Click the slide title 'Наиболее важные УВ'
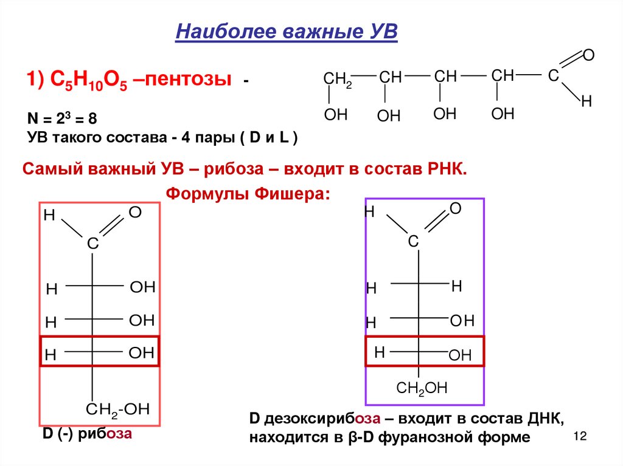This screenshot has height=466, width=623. click(286, 30)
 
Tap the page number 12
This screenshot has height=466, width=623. click(579, 437)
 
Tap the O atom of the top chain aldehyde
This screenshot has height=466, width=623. click(588, 55)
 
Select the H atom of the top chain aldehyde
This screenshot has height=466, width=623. click(586, 101)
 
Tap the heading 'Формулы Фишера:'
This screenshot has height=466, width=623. click(248, 194)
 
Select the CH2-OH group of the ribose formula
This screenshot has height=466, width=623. click(117, 409)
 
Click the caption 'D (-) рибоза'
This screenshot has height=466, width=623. click(86, 434)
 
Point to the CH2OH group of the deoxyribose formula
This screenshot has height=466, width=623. click(422, 388)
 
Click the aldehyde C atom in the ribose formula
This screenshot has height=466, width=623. click(92, 244)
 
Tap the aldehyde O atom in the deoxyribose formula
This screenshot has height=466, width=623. click(455, 209)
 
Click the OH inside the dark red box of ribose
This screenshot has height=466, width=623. click(142, 353)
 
